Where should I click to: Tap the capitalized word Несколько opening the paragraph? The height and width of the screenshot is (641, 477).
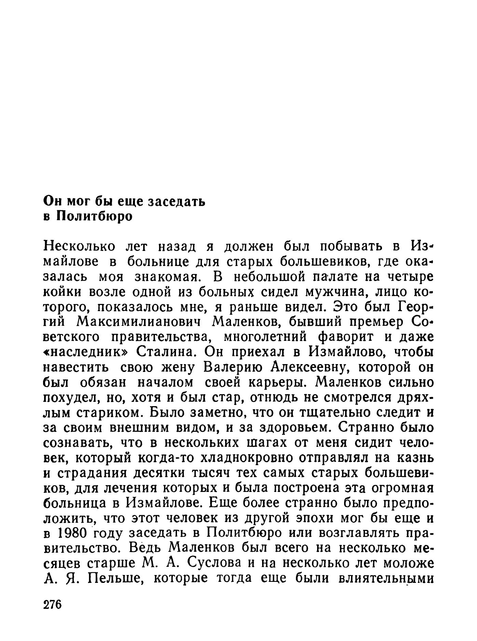pyautogui.click(x=80, y=246)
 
